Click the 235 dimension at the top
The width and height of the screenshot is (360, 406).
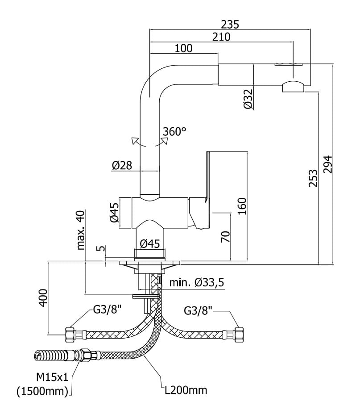pyautogui.click(x=231, y=24)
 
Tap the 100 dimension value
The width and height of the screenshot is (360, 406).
pyautogui.click(x=183, y=48)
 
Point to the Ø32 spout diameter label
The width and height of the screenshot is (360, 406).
pyautogui.click(x=249, y=99)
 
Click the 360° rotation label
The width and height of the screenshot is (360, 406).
pyautogui.click(x=174, y=132)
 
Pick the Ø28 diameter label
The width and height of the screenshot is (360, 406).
pyautogui.click(x=121, y=165)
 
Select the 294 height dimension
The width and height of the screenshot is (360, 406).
pyautogui.click(x=328, y=166)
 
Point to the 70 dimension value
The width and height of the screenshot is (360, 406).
pyautogui.click(x=225, y=236)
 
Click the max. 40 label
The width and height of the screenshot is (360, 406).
pyautogui.click(x=81, y=230)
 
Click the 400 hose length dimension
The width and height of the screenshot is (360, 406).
pyautogui.click(x=42, y=297)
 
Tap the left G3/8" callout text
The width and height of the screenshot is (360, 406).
pyautogui.click(x=108, y=309)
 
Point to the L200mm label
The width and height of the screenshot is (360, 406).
pyautogui.click(x=186, y=390)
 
